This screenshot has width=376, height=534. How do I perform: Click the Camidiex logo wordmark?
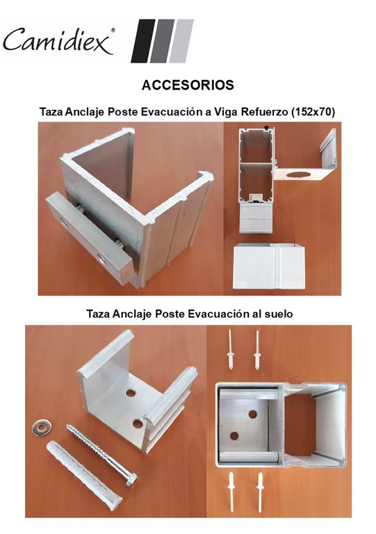[x=57, y=40]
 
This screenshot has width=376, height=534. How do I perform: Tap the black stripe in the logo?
[x=142, y=41]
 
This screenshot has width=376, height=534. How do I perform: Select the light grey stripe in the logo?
[x=181, y=41]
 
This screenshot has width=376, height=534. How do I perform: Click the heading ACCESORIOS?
[x=188, y=85]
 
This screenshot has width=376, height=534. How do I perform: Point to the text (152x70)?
[x=313, y=112]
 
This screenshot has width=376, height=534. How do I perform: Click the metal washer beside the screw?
[x=41, y=428]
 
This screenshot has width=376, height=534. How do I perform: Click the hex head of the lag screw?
[x=131, y=480]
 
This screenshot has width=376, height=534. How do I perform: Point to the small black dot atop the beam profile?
[x=266, y=128]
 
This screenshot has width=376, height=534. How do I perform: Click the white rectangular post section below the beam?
[x=268, y=266]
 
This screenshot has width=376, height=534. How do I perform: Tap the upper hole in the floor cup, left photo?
[x=130, y=393]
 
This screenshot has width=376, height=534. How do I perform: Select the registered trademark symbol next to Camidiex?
[x=113, y=30]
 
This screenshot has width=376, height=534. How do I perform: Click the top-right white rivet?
[x=257, y=350]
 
